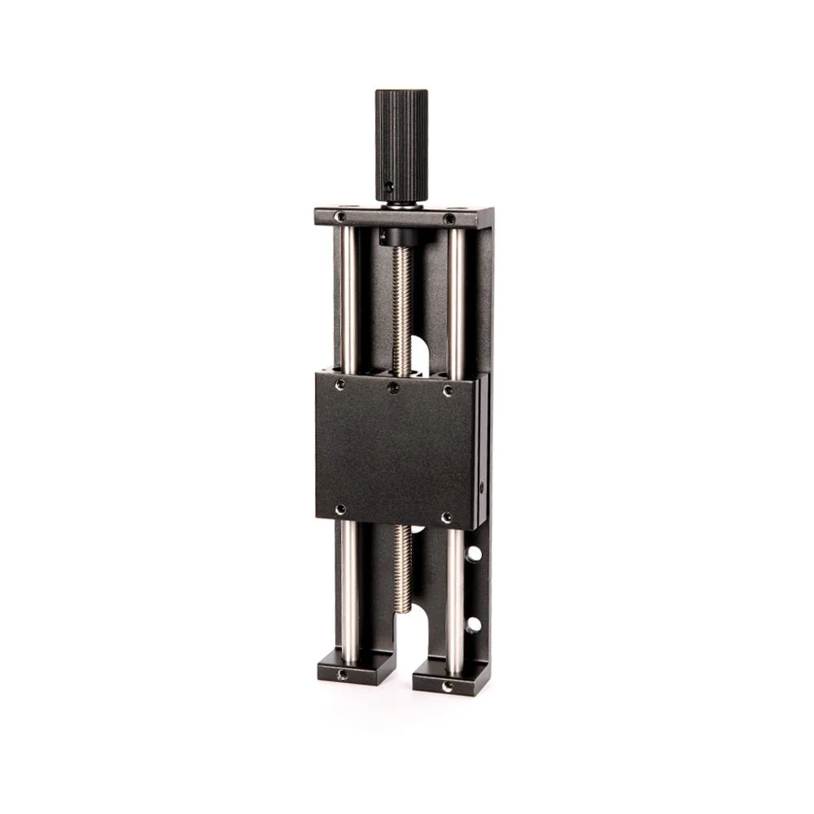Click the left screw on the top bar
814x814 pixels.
pos(341,217)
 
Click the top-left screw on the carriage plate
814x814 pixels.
pos(340,383)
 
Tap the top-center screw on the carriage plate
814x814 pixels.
pos(394,387)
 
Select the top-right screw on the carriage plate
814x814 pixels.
pos(448,392)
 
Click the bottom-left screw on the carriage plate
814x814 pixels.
pos(340,510)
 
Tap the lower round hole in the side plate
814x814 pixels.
pos(473,625)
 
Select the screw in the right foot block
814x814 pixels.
pos(445,686)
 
